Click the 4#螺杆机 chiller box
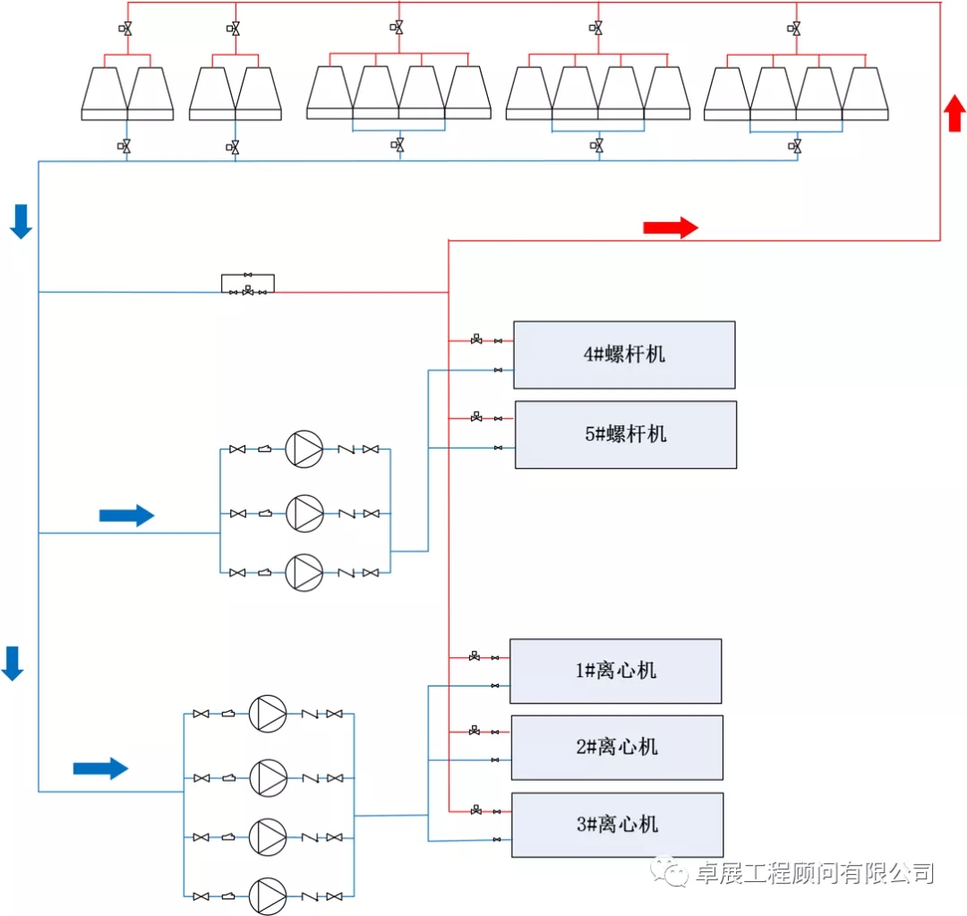(624, 355)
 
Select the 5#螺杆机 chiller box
(626, 435)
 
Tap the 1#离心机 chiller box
(615, 672)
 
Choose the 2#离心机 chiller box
(617, 748)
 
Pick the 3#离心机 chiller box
(617, 825)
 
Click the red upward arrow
(954, 113)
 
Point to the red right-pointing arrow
(671, 227)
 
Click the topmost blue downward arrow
(21, 221)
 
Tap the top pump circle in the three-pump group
(304, 449)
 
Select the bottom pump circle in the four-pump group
(268, 895)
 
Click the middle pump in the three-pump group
(304, 513)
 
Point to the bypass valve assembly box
(248, 284)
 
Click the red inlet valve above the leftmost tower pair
(125, 29)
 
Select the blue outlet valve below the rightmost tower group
(794, 146)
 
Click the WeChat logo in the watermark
(670, 871)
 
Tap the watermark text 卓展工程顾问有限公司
(815, 873)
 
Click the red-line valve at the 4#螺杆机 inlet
(476, 339)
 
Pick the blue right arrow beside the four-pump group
(100, 768)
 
